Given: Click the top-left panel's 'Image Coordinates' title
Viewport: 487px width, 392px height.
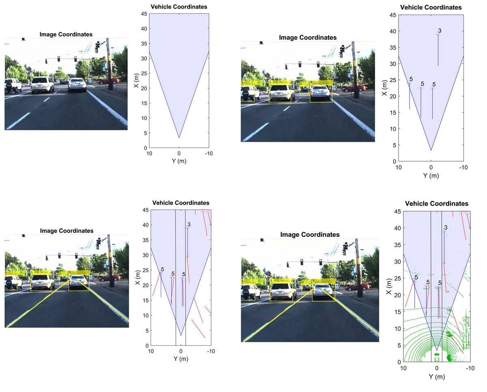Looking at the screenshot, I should [x=66, y=34].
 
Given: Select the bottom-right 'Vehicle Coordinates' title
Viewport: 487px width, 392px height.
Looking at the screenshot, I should [x=437, y=204].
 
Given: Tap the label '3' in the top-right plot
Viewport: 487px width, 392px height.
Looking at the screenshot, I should [x=440, y=31].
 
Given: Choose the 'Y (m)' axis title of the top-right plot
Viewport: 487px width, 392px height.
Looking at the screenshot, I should [x=431, y=175].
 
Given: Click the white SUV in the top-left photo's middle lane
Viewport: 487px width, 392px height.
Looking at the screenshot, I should [x=42, y=85].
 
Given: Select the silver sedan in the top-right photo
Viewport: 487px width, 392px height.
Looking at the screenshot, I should [x=321, y=93].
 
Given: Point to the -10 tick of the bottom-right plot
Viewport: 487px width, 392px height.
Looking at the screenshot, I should [x=470, y=368].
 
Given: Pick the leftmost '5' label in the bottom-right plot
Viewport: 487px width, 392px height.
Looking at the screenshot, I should [x=416, y=277].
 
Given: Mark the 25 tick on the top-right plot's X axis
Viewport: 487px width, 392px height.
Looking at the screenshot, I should [x=392, y=80].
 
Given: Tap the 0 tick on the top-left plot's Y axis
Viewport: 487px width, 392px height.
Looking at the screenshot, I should [x=179, y=153].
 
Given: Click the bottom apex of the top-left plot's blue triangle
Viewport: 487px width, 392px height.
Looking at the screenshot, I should [x=179, y=138].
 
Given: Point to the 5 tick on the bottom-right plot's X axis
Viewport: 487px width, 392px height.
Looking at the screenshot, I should [x=399, y=345].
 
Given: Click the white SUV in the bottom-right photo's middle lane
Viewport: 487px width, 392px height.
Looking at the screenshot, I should [x=281, y=291].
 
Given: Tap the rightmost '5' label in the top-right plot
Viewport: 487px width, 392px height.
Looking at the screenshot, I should [x=434, y=84].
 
